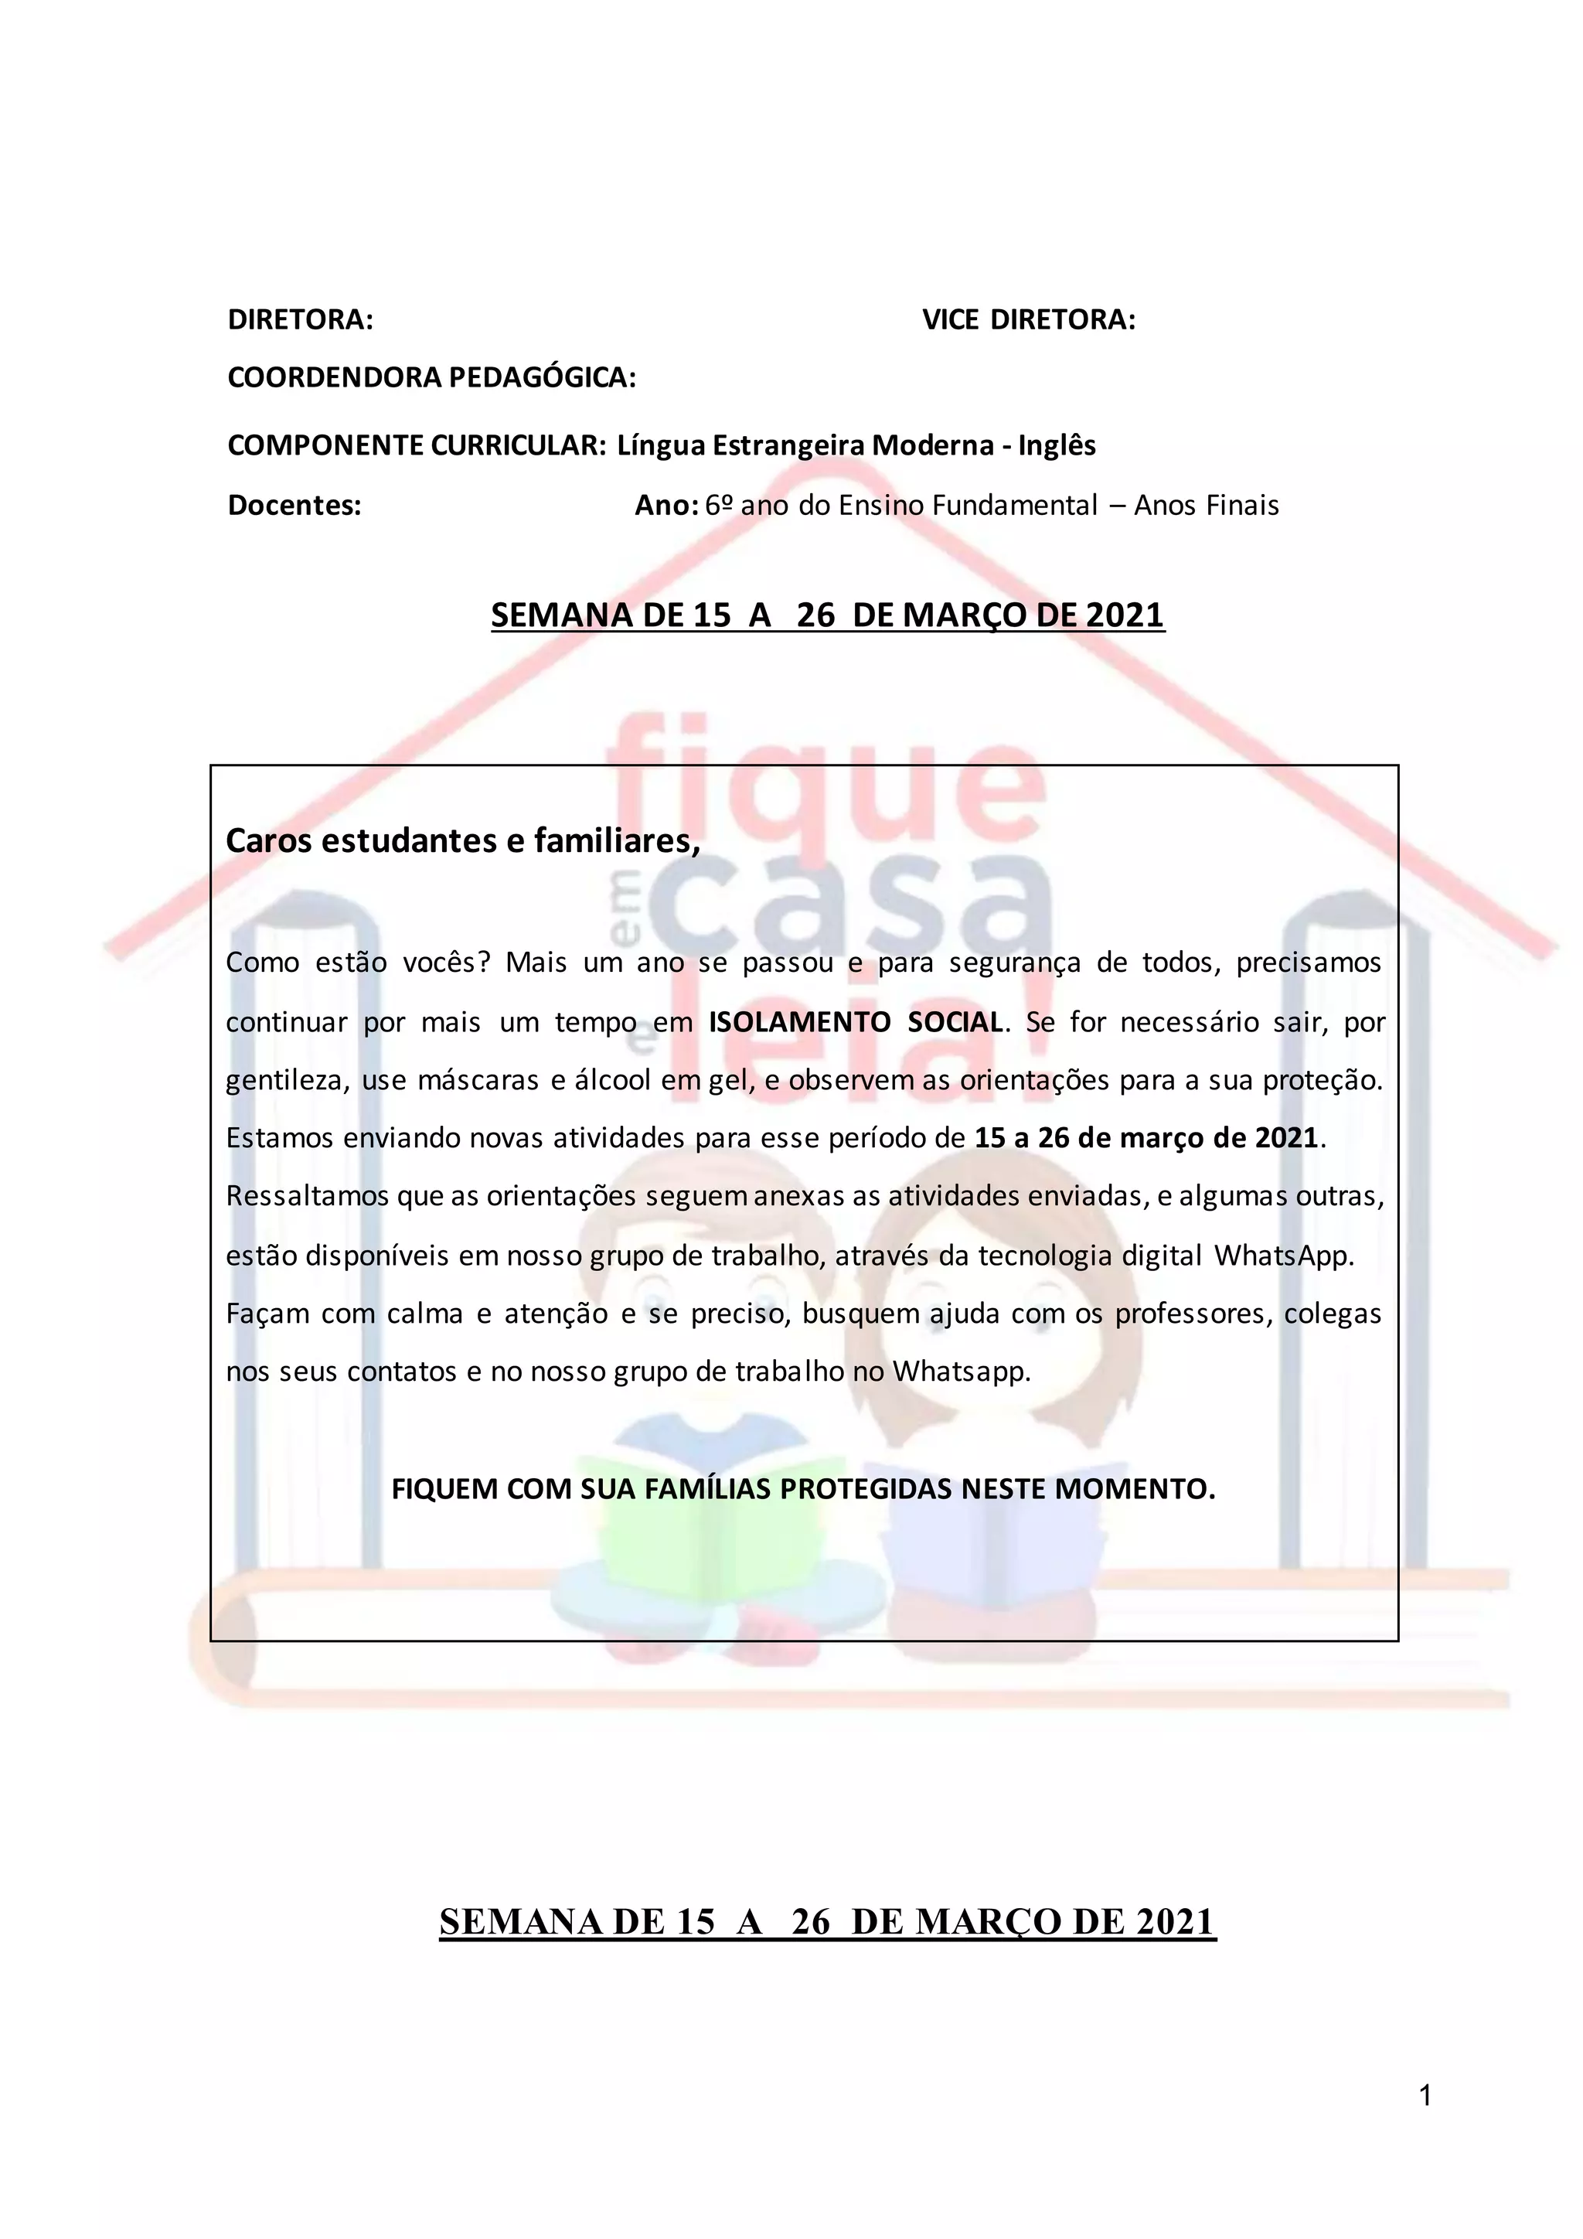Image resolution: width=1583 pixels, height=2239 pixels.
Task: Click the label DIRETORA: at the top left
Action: [300, 320]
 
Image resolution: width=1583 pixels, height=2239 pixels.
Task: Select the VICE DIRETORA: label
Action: [1028, 320]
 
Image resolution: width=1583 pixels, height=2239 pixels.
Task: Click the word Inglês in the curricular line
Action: [1057, 445]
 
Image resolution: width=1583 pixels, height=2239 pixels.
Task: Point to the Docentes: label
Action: [294, 505]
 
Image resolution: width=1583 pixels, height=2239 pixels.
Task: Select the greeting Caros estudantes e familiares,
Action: [463, 840]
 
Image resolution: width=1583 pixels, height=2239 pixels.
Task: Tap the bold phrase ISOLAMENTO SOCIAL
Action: [855, 1022]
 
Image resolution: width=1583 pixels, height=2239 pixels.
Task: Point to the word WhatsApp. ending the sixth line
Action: [1284, 1256]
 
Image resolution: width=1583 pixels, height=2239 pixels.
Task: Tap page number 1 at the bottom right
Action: [1426, 2096]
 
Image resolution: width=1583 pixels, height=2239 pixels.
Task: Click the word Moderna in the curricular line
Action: [930, 445]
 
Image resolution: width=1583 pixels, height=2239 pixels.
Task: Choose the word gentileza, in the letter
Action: [288, 1082]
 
